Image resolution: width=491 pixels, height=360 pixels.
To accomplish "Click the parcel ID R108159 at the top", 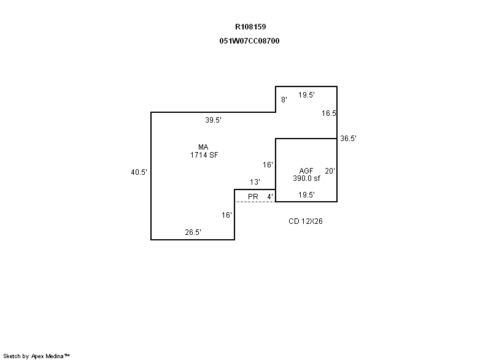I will pos(250,27).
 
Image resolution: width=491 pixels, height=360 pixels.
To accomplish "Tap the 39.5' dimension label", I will pos(213,120).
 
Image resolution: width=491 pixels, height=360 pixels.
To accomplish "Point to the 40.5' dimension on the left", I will pos(139,172).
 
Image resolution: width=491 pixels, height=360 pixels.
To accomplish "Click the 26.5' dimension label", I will pos(193,232).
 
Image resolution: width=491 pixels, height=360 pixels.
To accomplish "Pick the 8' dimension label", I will pos(284,99).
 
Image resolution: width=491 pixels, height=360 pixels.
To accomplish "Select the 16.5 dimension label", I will pos(329,113).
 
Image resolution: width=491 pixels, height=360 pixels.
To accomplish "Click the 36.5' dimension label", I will pos(349,139).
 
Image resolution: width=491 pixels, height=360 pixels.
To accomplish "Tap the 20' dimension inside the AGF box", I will pos(330,171).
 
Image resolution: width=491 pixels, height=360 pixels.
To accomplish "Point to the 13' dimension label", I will pos(255,182).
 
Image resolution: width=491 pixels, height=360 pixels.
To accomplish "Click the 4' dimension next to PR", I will pos(269,196).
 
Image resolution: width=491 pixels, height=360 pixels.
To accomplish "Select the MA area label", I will pos(204,147).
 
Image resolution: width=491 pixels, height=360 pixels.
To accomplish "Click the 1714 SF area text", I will pos(204,155).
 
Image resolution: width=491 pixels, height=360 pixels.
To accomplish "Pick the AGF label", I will pos(306,171).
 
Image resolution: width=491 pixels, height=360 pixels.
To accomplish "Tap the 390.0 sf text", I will pos(306,178).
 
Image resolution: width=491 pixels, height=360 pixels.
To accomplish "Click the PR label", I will pos(252,196).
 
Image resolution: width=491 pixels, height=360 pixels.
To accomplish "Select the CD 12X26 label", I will pos(306,221).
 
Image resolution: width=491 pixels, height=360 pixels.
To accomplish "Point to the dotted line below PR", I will pos(255,202).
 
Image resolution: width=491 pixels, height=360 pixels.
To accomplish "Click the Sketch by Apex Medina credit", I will pos(36,356).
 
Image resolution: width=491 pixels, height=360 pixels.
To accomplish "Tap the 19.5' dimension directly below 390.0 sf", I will pos(306,195).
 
